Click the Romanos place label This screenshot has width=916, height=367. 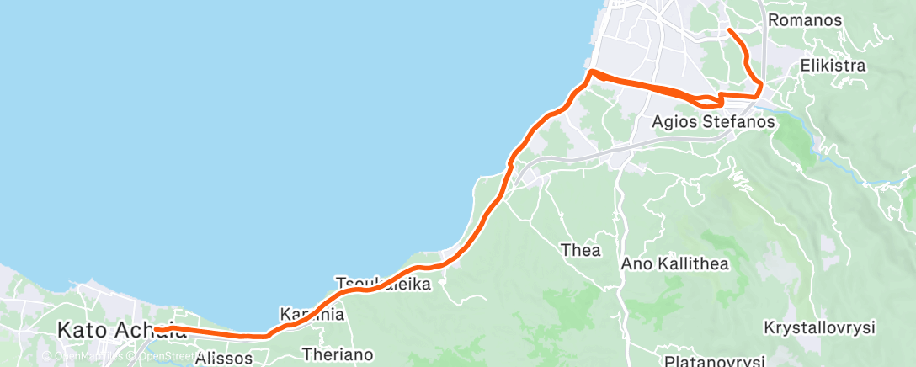805,19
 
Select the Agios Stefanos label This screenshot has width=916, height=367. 713,123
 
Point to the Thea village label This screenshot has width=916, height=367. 582,250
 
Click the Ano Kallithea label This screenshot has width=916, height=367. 674,263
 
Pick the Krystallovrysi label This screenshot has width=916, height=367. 821,327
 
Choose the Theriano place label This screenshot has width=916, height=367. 337,354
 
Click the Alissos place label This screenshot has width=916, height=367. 223,359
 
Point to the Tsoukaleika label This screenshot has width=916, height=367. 383,285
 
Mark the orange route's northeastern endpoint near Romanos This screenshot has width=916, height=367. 729,30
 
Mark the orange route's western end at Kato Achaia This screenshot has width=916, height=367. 156,327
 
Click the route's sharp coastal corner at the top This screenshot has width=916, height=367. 592,72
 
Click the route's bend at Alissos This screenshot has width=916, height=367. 268,335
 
